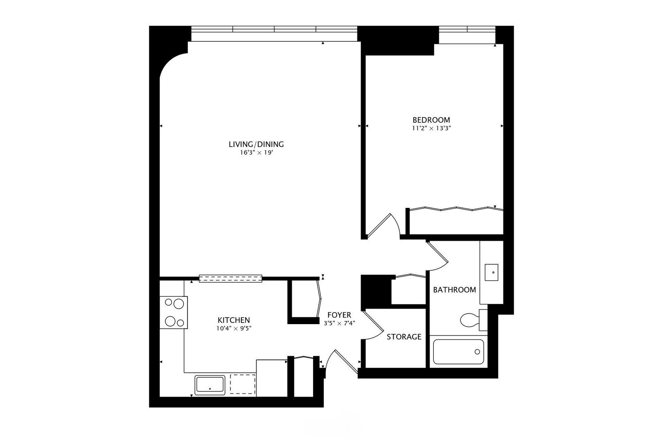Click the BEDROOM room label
(x=431, y=120)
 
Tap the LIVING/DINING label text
(x=256, y=144)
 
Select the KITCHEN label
(x=234, y=320)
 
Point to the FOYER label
(x=339, y=315)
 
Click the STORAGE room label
(x=404, y=336)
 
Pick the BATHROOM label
(x=454, y=289)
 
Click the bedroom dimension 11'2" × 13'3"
(x=431, y=129)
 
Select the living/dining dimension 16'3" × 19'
(x=256, y=153)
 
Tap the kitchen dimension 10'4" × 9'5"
(x=234, y=328)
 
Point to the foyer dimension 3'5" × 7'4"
(x=339, y=323)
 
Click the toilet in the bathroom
(x=474, y=320)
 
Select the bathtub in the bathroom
(x=458, y=352)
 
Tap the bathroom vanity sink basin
(x=492, y=273)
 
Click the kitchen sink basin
(x=210, y=385)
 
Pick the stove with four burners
(x=174, y=312)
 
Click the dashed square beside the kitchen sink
(x=243, y=384)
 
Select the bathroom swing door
(x=438, y=256)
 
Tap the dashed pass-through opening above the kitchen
(x=230, y=279)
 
